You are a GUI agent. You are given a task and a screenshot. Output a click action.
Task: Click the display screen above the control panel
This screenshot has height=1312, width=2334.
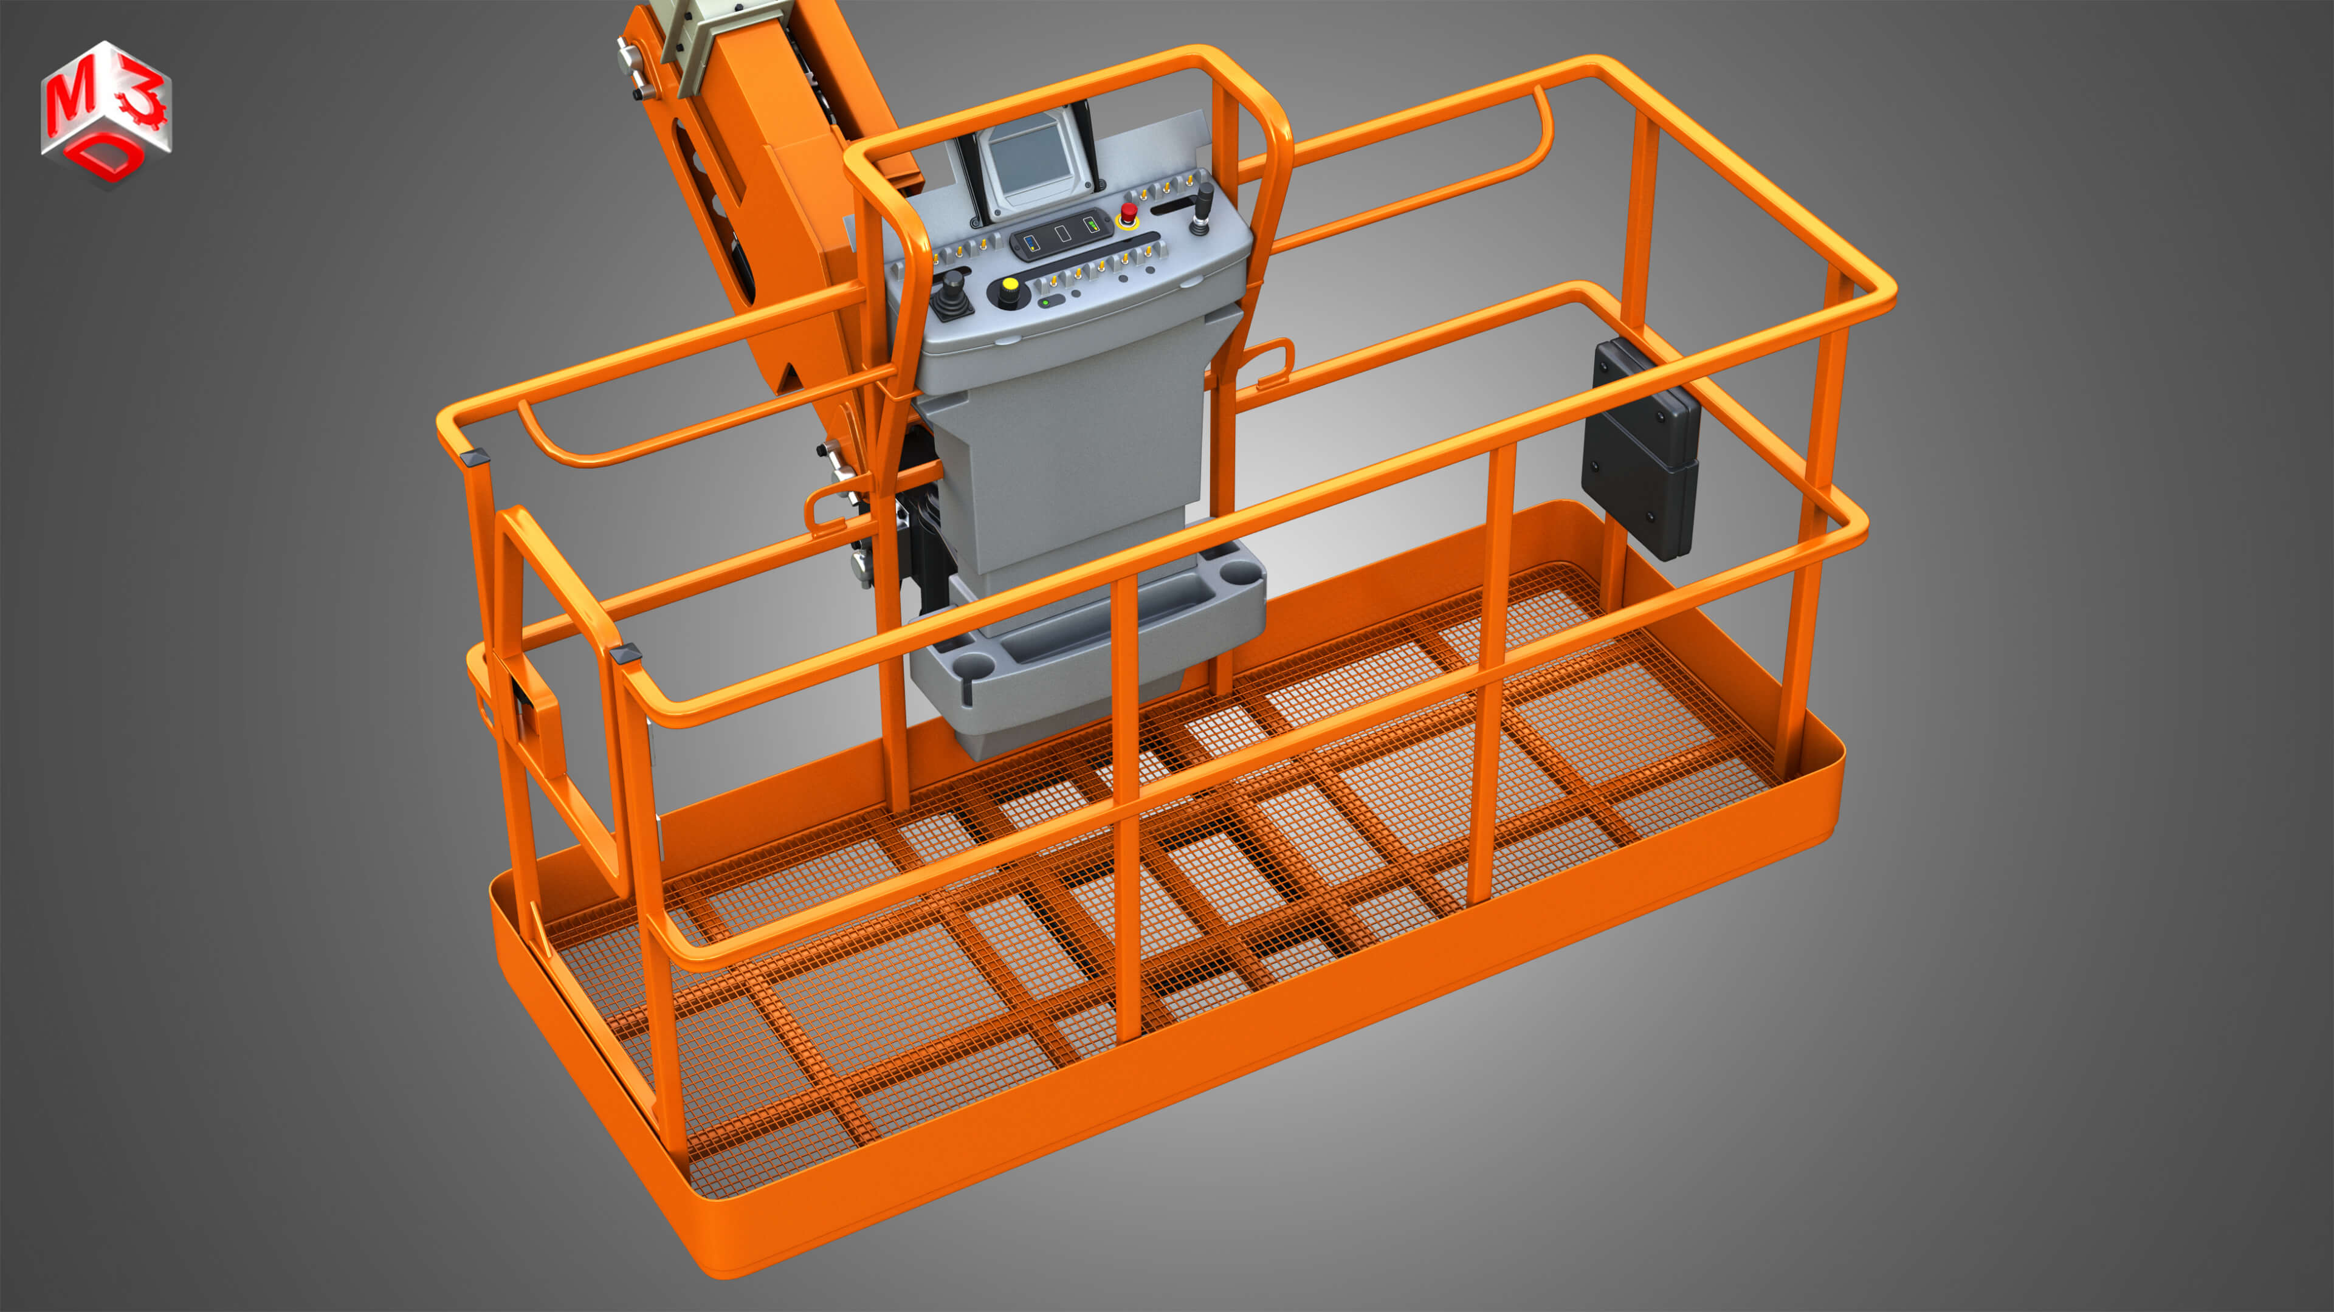pos(1029,159)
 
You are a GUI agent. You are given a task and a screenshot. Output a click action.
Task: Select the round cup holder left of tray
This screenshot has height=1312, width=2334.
pos(974,667)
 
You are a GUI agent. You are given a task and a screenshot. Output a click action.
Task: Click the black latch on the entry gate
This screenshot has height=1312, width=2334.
pos(523,703)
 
